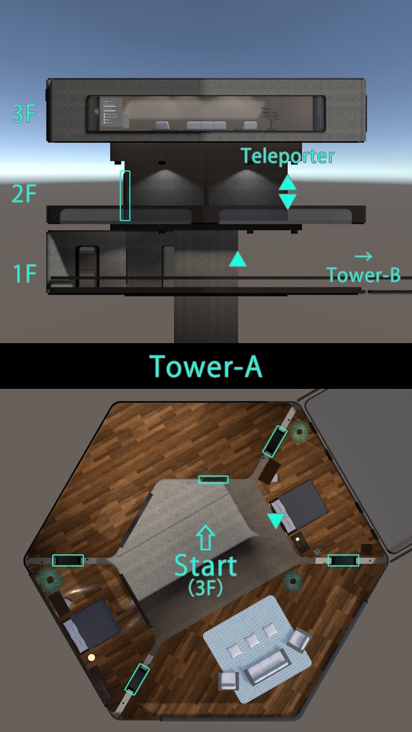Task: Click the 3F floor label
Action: click(24, 114)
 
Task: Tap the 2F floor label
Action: click(24, 194)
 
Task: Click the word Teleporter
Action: click(288, 156)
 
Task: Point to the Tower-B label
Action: click(363, 274)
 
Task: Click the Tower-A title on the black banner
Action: click(206, 366)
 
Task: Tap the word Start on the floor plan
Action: click(206, 565)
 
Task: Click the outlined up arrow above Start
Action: click(205, 538)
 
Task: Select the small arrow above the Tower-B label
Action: click(363, 256)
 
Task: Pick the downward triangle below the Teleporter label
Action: click(288, 202)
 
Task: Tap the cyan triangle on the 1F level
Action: click(237, 259)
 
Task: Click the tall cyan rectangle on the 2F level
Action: click(125, 196)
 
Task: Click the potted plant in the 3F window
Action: click(271, 118)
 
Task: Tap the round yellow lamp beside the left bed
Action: click(91, 658)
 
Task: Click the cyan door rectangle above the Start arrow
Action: click(213, 480)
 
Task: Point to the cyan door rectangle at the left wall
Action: click(68, 560)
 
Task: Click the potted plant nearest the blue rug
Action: click(293, 580)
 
